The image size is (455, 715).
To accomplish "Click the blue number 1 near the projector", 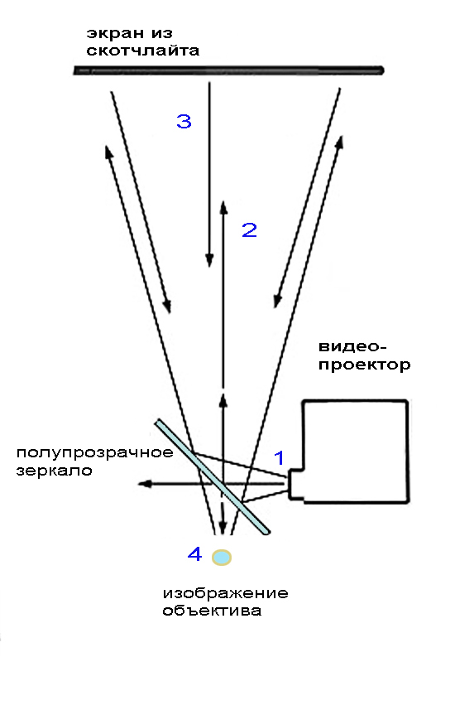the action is coord(279,457).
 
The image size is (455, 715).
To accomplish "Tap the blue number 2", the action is coord(249,230).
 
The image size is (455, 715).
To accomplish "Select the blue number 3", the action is coord(184,121).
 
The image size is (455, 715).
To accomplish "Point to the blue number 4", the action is coord(195,554).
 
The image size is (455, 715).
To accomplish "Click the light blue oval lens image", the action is coord(222,557).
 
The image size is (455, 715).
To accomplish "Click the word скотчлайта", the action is coord(143,51).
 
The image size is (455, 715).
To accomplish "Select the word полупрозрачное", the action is coord(95,453).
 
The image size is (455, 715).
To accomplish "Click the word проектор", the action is coord(364,365).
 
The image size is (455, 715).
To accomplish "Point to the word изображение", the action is coord(226,593).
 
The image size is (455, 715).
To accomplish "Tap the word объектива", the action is coord(213,611).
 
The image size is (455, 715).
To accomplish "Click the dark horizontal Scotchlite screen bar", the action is coord(228,70).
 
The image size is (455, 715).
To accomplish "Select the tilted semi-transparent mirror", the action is coord(213,476).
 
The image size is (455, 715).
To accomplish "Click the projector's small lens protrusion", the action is coord(295,485).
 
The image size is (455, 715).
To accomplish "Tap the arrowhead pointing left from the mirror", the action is coord(145,483).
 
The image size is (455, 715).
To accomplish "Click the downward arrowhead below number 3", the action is coord(209,260).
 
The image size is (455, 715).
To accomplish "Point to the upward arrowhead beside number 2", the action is coord(223,208).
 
